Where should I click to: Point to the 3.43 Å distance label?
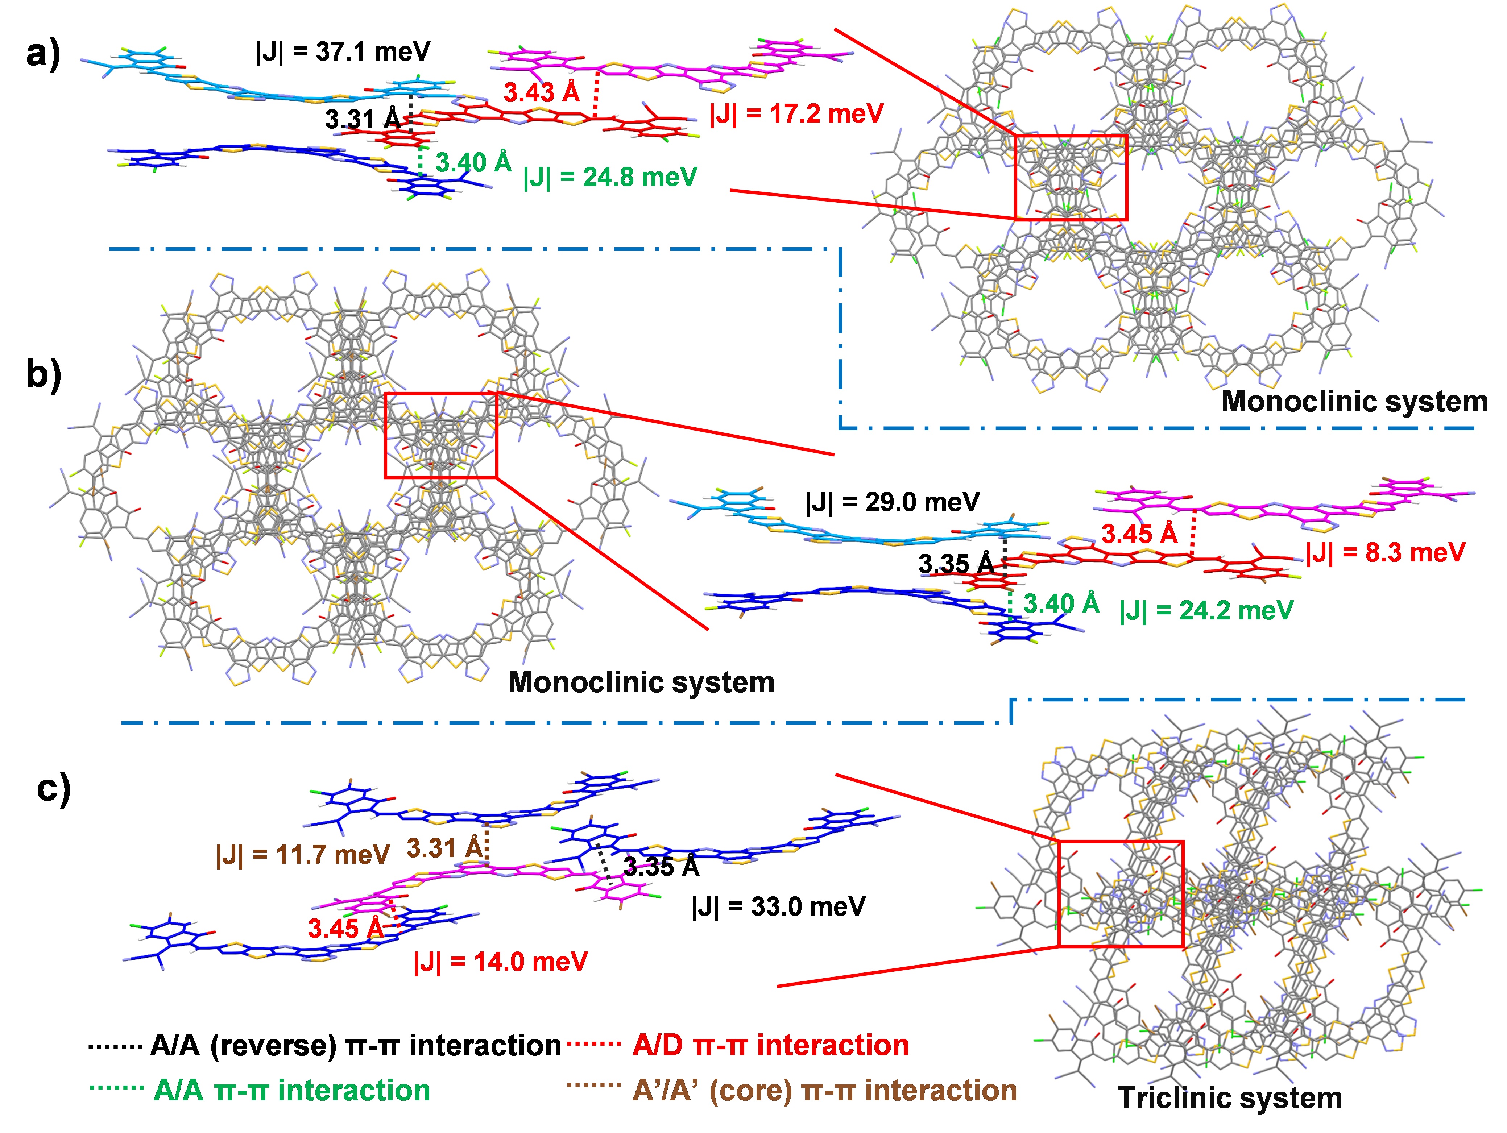pos(542,92)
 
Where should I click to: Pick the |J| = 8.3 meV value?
pos(1386,552)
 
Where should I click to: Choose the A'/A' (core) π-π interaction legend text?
pos(824,1090)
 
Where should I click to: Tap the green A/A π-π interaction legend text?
pos(291,1090)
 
